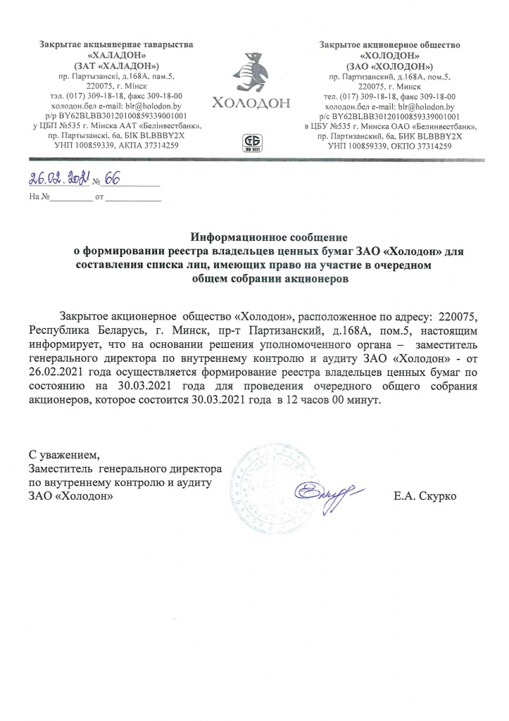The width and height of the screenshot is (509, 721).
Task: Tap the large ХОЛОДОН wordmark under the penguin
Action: click(x=251, y=103)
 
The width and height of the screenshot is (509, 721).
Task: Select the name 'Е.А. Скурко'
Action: click(x=426, y=496)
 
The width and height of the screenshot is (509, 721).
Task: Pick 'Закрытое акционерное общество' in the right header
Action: click(x=389, y=45)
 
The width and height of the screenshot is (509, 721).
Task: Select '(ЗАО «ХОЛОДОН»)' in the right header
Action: click(x=389, y=65)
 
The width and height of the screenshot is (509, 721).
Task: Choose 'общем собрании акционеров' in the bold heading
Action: click(x=270, y=278)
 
